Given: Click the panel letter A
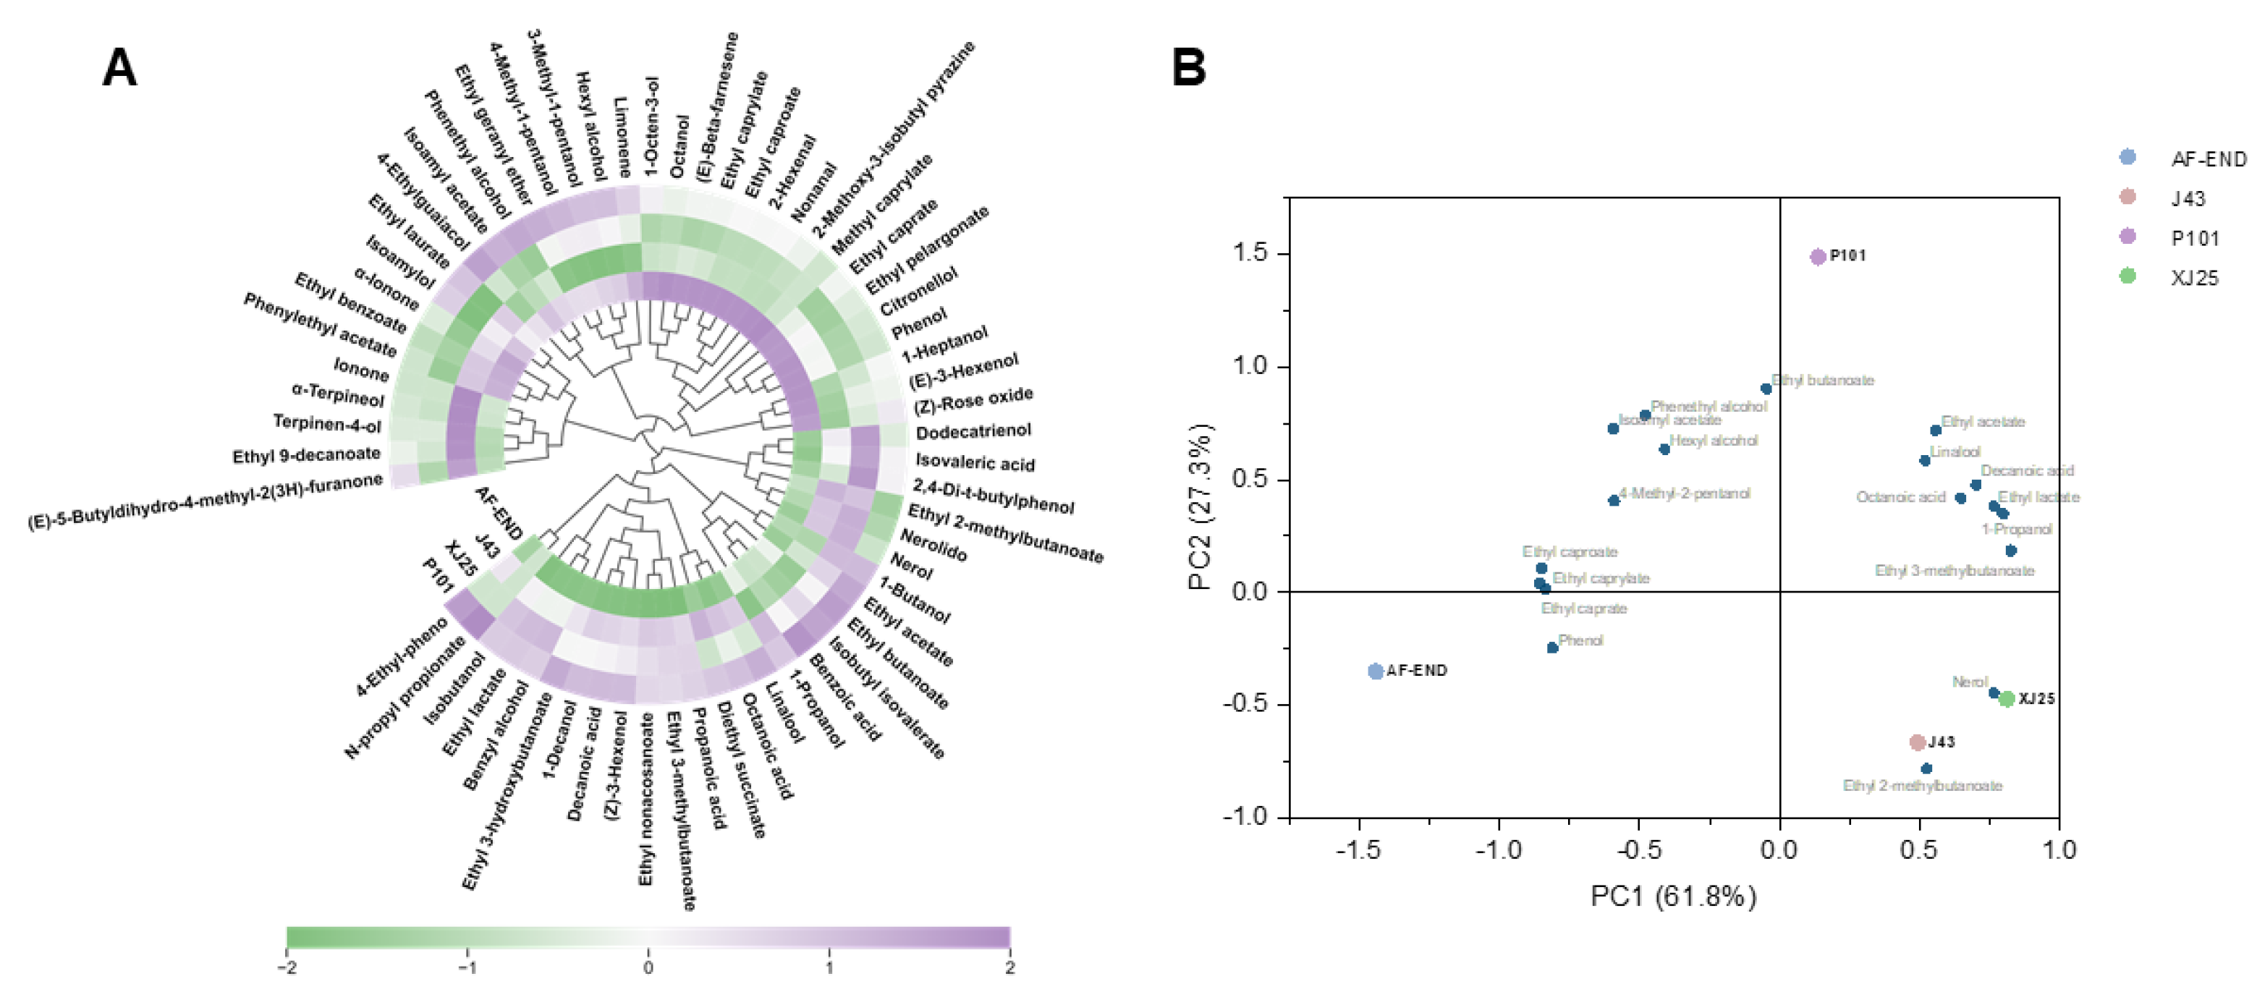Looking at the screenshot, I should (x=119, y=67).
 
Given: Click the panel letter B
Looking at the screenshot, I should (x=1188, y=67).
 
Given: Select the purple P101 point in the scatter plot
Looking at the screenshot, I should (x=1818, y=257).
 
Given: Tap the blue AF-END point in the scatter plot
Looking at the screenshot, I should (x=1376, y=671).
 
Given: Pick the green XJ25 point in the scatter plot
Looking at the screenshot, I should (x=2007, y=698).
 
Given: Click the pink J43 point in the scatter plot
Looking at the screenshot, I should (x=1917, y=742).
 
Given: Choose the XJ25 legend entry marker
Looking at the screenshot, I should (x=2127, y=277).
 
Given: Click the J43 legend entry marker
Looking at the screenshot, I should (x=2127, y=197).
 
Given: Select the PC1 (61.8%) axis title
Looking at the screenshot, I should (x=1674, y=896).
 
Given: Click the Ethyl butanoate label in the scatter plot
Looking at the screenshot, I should (x=1822, y=381).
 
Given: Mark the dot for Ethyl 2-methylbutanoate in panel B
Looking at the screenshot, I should (x=1926, y=768).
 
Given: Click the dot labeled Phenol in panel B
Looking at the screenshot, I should (x=1551, y=648).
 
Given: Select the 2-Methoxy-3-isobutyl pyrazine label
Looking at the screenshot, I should (x=894, y=140).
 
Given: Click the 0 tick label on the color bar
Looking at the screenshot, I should (x=648, y=967).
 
